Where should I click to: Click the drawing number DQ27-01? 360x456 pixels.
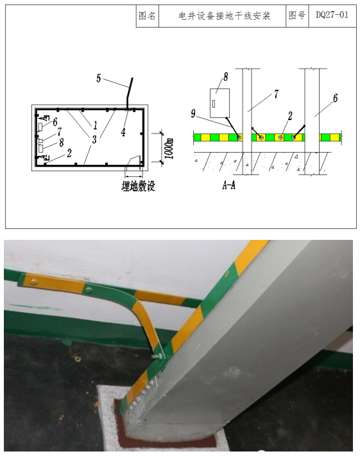[332, 15]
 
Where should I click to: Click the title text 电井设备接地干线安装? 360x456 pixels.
[225, 15]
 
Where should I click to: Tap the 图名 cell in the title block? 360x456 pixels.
[147, 15]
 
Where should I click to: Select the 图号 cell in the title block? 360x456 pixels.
[297, 15]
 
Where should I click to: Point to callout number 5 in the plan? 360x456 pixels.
[99, 78]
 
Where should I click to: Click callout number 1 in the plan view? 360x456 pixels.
[95, 126]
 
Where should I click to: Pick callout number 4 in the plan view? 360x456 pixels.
[123, 132]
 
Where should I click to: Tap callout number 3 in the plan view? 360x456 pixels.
[94, 140]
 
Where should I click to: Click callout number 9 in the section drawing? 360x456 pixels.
[193, 114]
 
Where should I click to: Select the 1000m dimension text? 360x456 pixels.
[169, 149]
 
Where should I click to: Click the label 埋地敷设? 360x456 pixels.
[138, 187]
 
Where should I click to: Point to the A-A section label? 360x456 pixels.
[228, 185]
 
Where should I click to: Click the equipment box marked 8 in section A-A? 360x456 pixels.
[219, 103]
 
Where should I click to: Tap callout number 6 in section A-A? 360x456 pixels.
[335, 98]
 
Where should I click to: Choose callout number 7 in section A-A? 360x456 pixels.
[276, 94]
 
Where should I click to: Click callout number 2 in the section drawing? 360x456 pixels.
[290, 116]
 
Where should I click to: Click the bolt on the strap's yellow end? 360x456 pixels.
[34, 282]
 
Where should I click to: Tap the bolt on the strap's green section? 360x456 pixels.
[88, 290]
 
